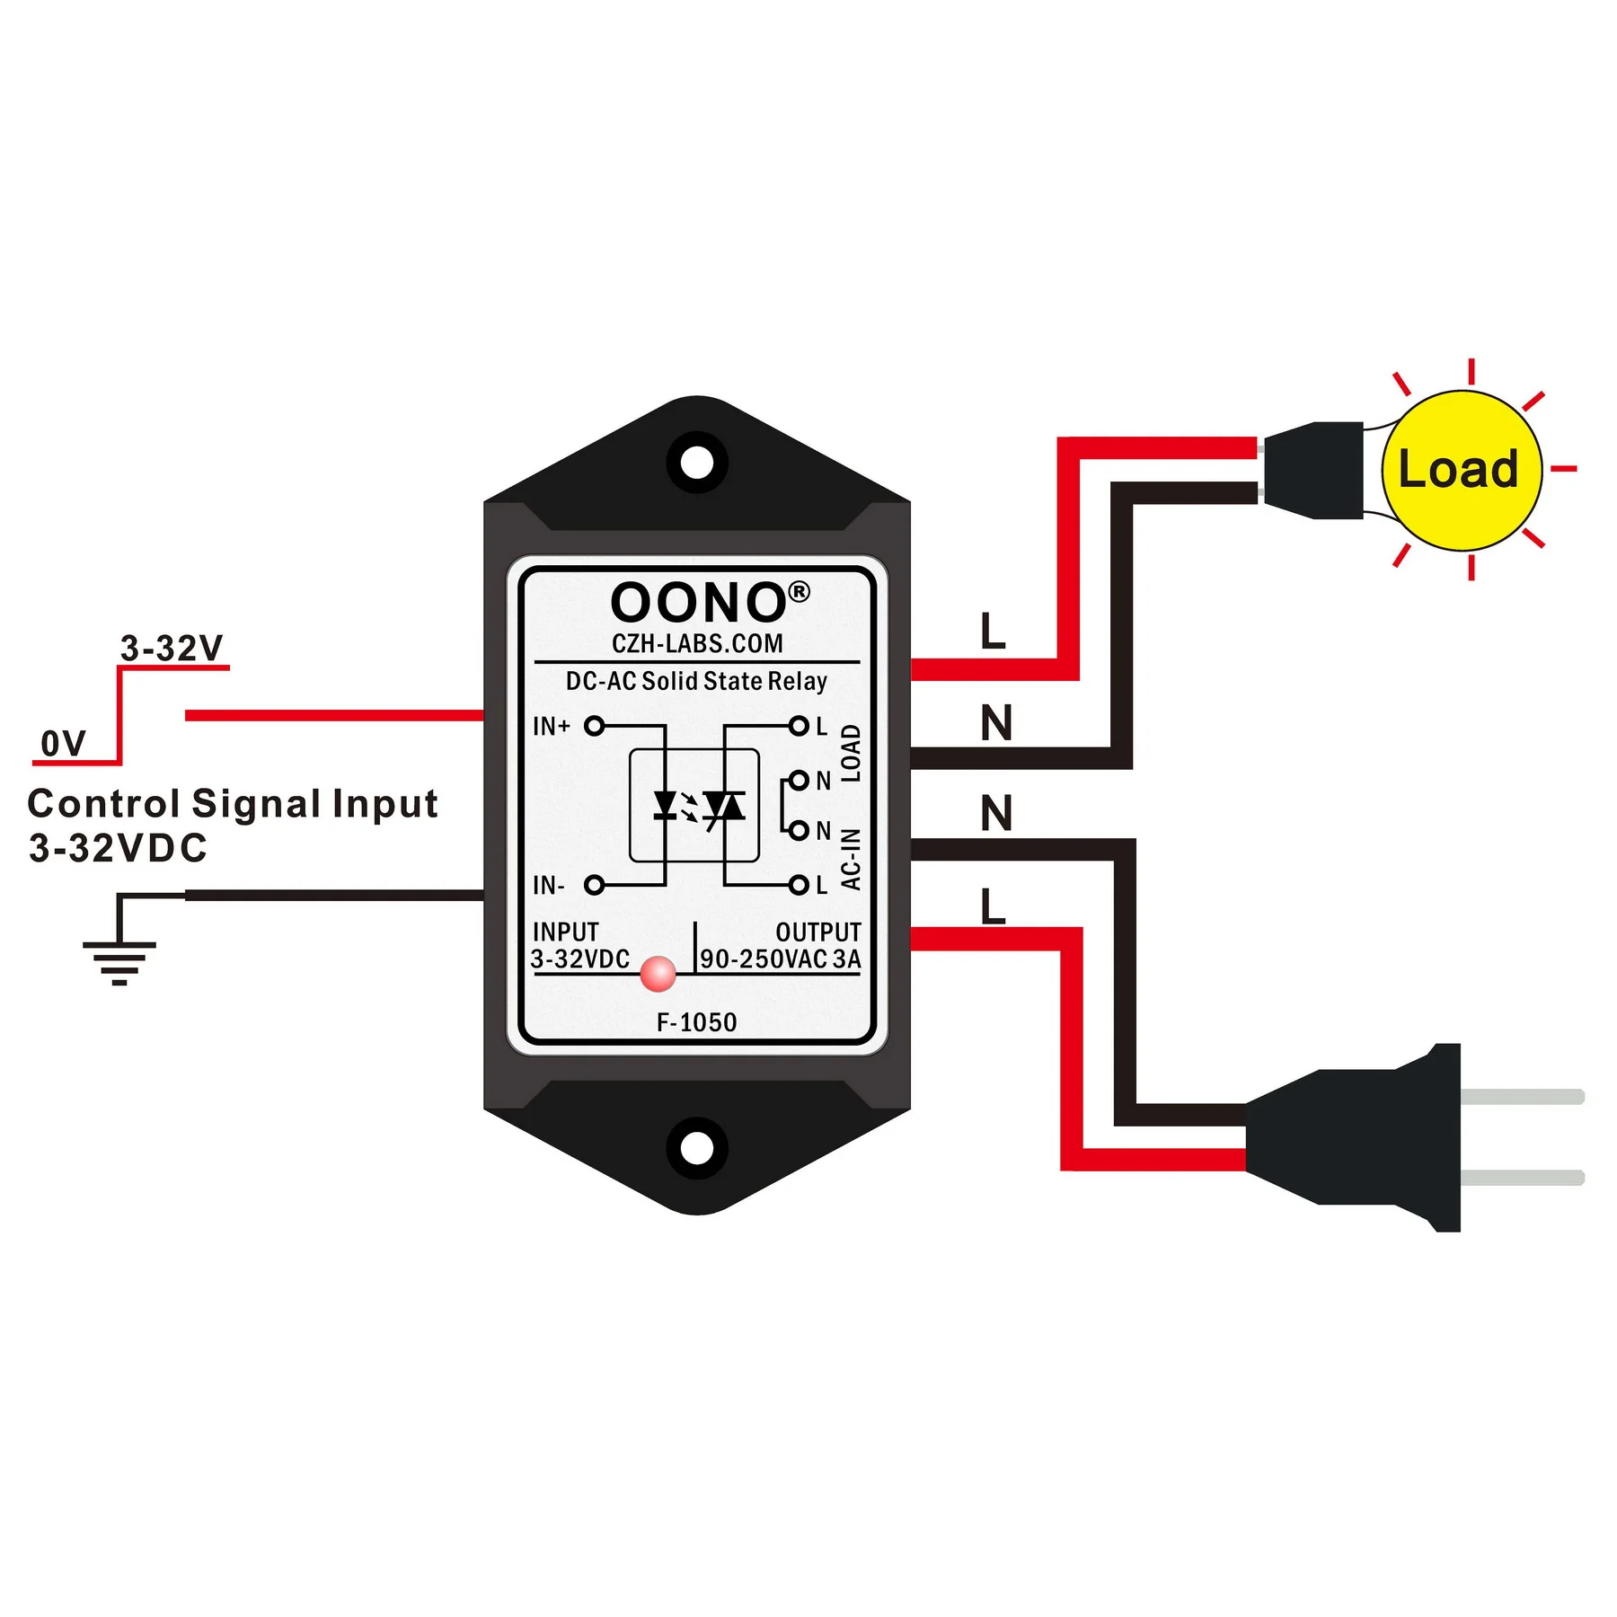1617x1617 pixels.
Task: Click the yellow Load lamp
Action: (x=1461, y=470)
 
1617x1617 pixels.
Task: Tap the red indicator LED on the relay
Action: (x=658, y=973)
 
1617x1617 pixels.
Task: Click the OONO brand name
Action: (x=698, y=603)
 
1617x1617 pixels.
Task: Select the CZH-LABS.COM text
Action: (x=697, y=643)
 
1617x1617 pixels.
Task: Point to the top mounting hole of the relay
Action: (x=696, y=463)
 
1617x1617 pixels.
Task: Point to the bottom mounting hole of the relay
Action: (x=696, y=1147)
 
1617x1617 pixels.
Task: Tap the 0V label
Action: (x=63, y=744)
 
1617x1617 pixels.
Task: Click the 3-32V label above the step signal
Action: (x=171, y=648)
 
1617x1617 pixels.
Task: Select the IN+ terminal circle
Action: (x=594, y=726)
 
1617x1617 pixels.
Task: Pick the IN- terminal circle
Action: (x=594, y=885)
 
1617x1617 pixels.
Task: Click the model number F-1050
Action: (x=696, y=1022)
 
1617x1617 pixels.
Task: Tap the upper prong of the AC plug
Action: (x=1522, y=1097)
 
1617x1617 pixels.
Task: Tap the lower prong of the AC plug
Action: (x=1522, y=1178)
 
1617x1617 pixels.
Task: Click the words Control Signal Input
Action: (x=232, y=804)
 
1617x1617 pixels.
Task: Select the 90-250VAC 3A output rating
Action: (x=780, y=959)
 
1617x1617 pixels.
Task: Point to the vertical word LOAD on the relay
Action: (x=851, y=753)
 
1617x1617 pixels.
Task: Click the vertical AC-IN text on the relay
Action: (x=851, y=860)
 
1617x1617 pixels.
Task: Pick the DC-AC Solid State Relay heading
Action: (x=696, y=681)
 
